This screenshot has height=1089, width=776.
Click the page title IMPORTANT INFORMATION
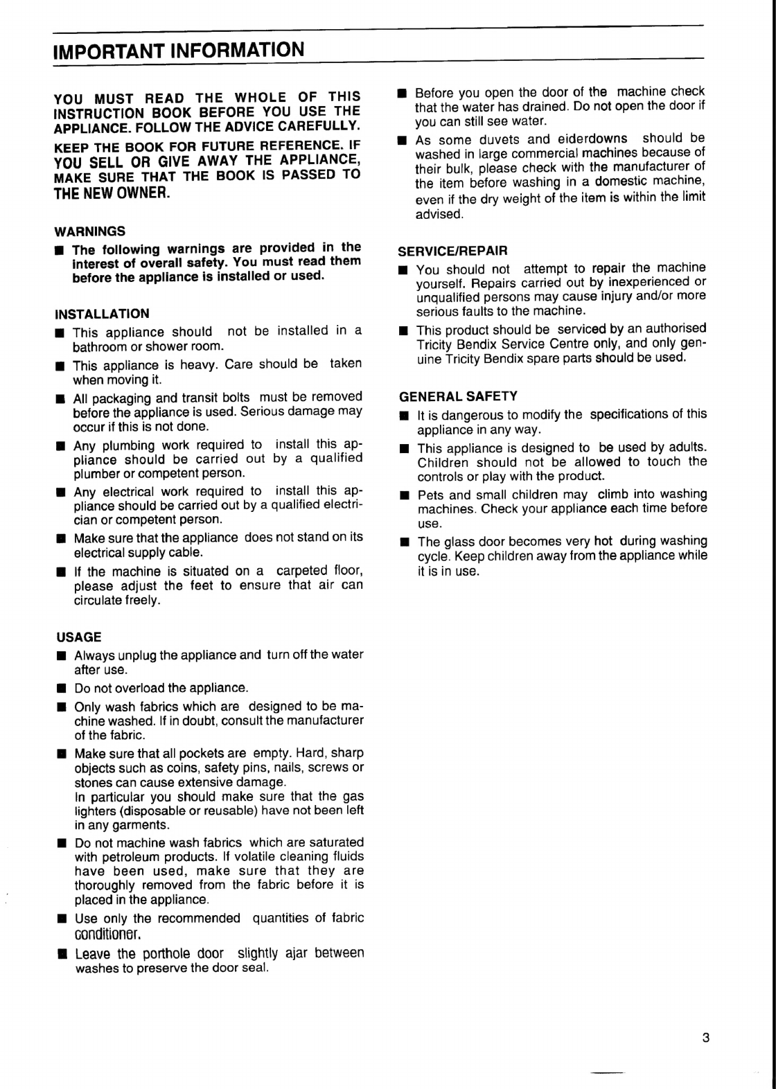pyautogui.click(x=179, y=51)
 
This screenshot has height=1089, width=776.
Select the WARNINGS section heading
pyautogui.click(x=90, y=231)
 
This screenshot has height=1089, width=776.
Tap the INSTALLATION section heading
pyautogui.click(x=102, y=314)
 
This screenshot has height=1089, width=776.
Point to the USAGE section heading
pyautogui.click(x=79, y=637)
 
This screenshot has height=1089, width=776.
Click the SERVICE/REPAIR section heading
pyautogui.click(x=453, y=250)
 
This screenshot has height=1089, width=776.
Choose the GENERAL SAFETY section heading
pyautogui.click(x=458, y=396)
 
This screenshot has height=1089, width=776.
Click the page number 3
pyautogui.click(x=706, y=1038)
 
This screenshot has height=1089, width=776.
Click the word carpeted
pyautogui.click(x=301, y=571)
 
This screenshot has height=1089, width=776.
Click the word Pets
pyautogui.click(x=430, y=495)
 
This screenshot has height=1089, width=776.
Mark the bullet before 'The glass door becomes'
pyautogui.click(x=404, y=542)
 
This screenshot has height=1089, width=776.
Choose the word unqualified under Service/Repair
pyautogui.click(x=452, y=296)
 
